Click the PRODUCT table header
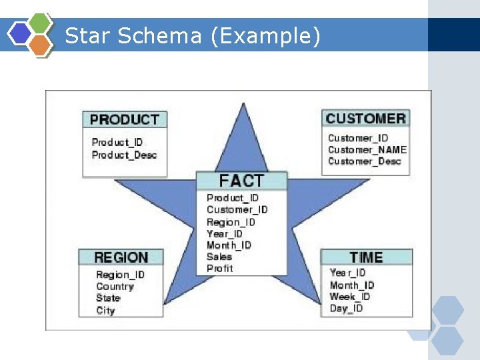[x=125, y=120]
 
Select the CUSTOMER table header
[x=365, y=119]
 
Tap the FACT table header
[x=241, y=181]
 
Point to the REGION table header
[x=121, y=257]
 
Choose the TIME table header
[x=366, y=257]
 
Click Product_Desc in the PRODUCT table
[x=124, y=155]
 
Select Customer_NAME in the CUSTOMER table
[x=367, y=149]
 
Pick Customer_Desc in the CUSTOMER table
[x=365, y=161]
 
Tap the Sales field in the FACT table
[x=219, y=257]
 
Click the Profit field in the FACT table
[x=220, y=269]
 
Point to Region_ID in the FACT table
[x=231, y=222]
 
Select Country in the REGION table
[x=115, y=287]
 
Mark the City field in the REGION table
[x=105, y=311]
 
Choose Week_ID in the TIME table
[x=350, y=297]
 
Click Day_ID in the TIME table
[x=347, y=309]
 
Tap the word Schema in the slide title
[x=160, y=36]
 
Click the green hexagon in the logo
[x=40, y=22]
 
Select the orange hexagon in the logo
[x=41, y=45]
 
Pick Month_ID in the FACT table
[x=229, y=245]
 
